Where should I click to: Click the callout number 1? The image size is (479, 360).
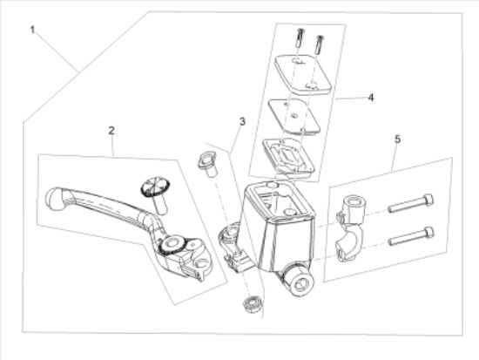[x=32, y=30]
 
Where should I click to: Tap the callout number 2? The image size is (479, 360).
[x=111, y=131]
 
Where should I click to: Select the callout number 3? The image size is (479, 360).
[x=242, y=122]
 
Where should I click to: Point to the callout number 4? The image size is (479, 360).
[x=370, y=98]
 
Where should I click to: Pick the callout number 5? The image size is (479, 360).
[x=397, y=139]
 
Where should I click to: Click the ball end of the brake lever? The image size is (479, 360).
[x=54, y=199]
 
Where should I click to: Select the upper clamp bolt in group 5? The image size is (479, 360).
[x=411, y=203]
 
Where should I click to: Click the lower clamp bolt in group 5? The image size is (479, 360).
[x=411, y=236]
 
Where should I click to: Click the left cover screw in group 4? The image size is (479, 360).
[x=300, y=37]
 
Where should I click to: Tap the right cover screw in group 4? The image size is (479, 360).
[x=319, y=44]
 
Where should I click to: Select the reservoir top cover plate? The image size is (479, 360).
[x=303, y=74]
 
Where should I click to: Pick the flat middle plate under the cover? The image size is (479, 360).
[x=294, y=116]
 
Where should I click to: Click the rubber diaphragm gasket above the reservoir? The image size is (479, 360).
[x=288, y=156]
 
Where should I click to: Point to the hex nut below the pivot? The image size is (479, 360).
[x=253, y=304]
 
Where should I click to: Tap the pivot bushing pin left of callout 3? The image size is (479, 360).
[x=207, y=164]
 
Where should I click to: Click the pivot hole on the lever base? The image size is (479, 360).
[x=170, y=243]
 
